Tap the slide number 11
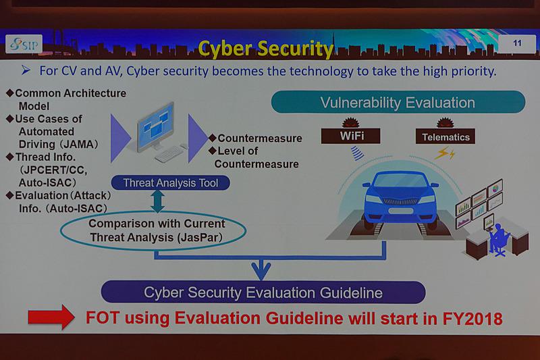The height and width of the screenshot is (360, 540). [x=517, y=44]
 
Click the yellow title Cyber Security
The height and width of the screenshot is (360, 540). [x=265, y=49]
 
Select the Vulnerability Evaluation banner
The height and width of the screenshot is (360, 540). [x=398, y=103]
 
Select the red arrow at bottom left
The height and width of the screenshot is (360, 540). [x=51, y=317]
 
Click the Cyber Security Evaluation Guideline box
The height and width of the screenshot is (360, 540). [x=263, y=292]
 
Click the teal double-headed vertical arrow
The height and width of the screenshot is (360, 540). [x=158, y=200]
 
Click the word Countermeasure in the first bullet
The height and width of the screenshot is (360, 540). [x=260, y=138]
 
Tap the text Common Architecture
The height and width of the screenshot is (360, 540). [x=70, y=93]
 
